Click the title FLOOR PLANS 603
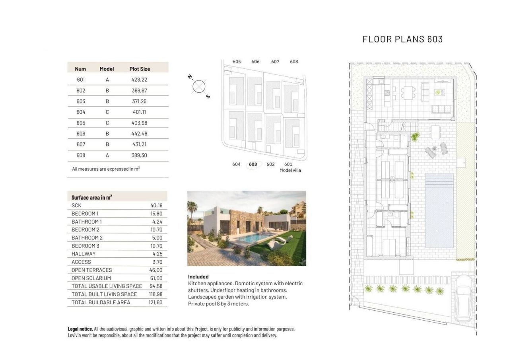pos(402,39)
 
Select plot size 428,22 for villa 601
pos(139,80)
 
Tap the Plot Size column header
pos(140,69)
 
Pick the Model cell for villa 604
pos(107,112)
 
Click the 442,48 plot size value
pos(139,134)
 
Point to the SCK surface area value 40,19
pos(156,206)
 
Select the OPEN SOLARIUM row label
pos(91,278)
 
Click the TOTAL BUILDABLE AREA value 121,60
pos(155,302)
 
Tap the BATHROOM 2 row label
pos(87,238)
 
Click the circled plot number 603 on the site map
pos(253,164)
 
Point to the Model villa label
pos(290,170)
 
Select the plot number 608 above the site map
pos(294,62)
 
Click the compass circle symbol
pos(198,86)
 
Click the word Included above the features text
pos(198,277)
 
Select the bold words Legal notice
pos(80,329)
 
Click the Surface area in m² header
pos(91,197)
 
